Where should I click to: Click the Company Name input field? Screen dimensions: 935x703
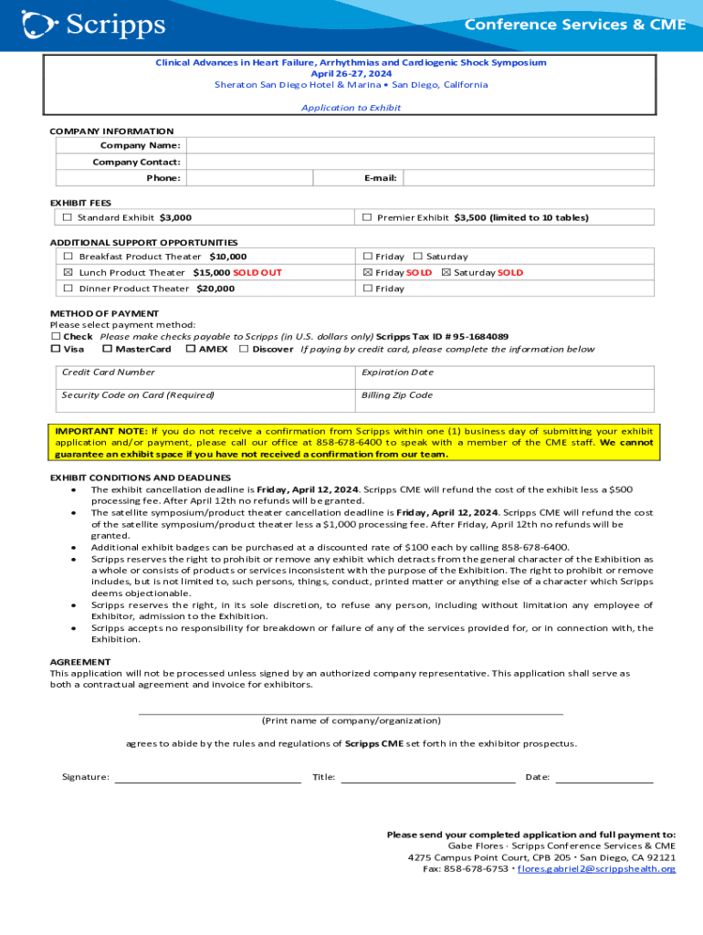(x=420, y=145)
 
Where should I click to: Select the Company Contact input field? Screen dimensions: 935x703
(x=420, y=162)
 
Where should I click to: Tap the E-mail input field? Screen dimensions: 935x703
(x=528, y=178)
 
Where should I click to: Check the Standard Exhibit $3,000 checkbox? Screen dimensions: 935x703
(x=67, y=217)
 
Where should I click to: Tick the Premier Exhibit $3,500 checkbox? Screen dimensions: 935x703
(x=367, y=217)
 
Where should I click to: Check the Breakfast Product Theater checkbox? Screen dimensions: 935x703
(x=68, y=257)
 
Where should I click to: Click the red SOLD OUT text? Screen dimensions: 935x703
(x=257, y=272)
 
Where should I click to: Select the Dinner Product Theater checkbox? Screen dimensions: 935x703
(x=68, y=289)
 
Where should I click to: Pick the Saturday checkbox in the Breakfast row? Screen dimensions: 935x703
(x=418, y=257)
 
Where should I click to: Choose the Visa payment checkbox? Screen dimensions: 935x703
(x=55, y=349)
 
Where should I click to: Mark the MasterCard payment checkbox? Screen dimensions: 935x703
(x=107, y=349)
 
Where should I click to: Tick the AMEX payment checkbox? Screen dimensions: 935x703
(x=190, y=349)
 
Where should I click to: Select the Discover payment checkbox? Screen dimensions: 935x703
(x=244, y=349)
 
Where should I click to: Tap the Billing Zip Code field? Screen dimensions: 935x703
(x=504, y=401)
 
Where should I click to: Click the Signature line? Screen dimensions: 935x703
(x=207, y=777)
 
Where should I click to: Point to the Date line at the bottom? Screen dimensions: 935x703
(x=604, y=777)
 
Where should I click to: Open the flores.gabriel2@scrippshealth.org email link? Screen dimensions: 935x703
(x=596, y=869)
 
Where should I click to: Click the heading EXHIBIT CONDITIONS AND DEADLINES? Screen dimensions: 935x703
(x=140, y=478)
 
